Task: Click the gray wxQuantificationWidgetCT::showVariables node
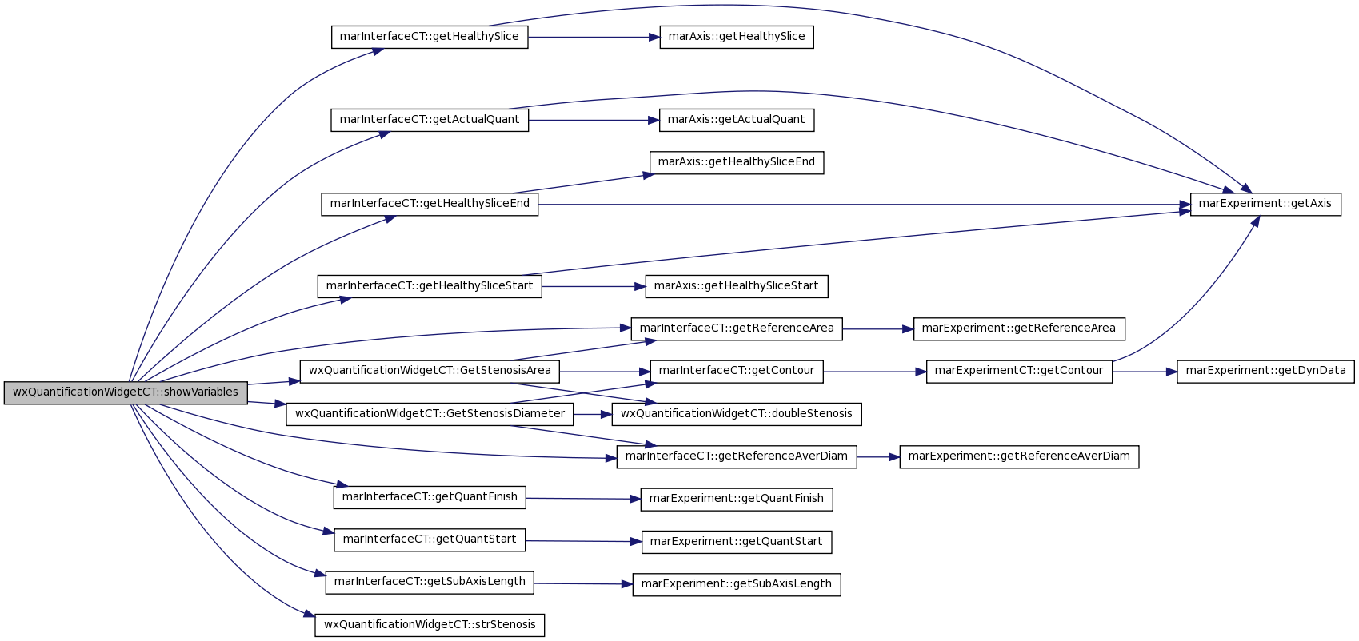tap(126, 393)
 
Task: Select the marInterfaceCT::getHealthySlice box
tap(430, 37)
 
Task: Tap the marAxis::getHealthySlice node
tap(737, 37)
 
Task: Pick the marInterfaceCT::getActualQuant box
tap(430, 120)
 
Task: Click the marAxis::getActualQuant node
tap(737, 120)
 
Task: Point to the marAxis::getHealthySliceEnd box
tap(737, 162)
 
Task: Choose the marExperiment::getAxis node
tap(1265, 205)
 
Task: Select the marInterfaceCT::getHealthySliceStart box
tap(430, 286)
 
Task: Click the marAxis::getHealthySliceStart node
tap(737, 286)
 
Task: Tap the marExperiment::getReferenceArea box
tap(1019, 328)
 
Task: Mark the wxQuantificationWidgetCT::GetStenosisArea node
tap(430, 371)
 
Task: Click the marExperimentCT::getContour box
tap(1019, 371)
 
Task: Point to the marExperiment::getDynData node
tap(1265, 371)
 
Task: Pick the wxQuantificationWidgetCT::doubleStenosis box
tap(737, 414)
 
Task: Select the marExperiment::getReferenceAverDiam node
tap(1019, 456)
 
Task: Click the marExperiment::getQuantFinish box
tap(737, 499)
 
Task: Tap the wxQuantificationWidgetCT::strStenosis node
tap(430, 625)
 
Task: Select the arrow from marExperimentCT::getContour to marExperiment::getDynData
tap(1145, 371)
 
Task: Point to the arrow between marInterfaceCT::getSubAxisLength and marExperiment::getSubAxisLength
tap(583, 584)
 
